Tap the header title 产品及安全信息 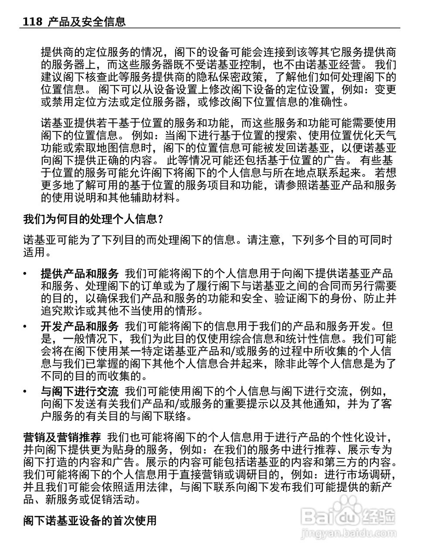pos(87,21)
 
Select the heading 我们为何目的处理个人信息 pos(93,219)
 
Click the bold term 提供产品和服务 pos(80,274)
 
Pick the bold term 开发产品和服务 pos(80,326)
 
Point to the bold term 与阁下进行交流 pos(80,391)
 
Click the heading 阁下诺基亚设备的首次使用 pos(90,520)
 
